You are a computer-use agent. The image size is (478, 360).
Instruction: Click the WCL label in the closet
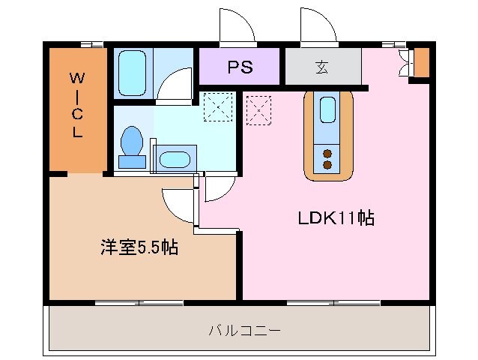[x=77, y=104]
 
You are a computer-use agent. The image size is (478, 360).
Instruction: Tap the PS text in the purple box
[x=240, y=67]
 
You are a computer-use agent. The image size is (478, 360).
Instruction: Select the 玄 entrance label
[x=321, y=67]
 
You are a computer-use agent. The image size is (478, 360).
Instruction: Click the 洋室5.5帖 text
[x=139, y=247]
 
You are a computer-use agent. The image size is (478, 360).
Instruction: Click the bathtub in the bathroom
[x=132, y=72]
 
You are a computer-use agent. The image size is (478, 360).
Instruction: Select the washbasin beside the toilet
[x=175, y=159]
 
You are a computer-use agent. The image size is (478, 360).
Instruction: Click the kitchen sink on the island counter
[x=328, y=110]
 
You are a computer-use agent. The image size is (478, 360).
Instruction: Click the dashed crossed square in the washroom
[x=219, y=106]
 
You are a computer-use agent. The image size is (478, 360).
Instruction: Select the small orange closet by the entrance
[x=421, y=62]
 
